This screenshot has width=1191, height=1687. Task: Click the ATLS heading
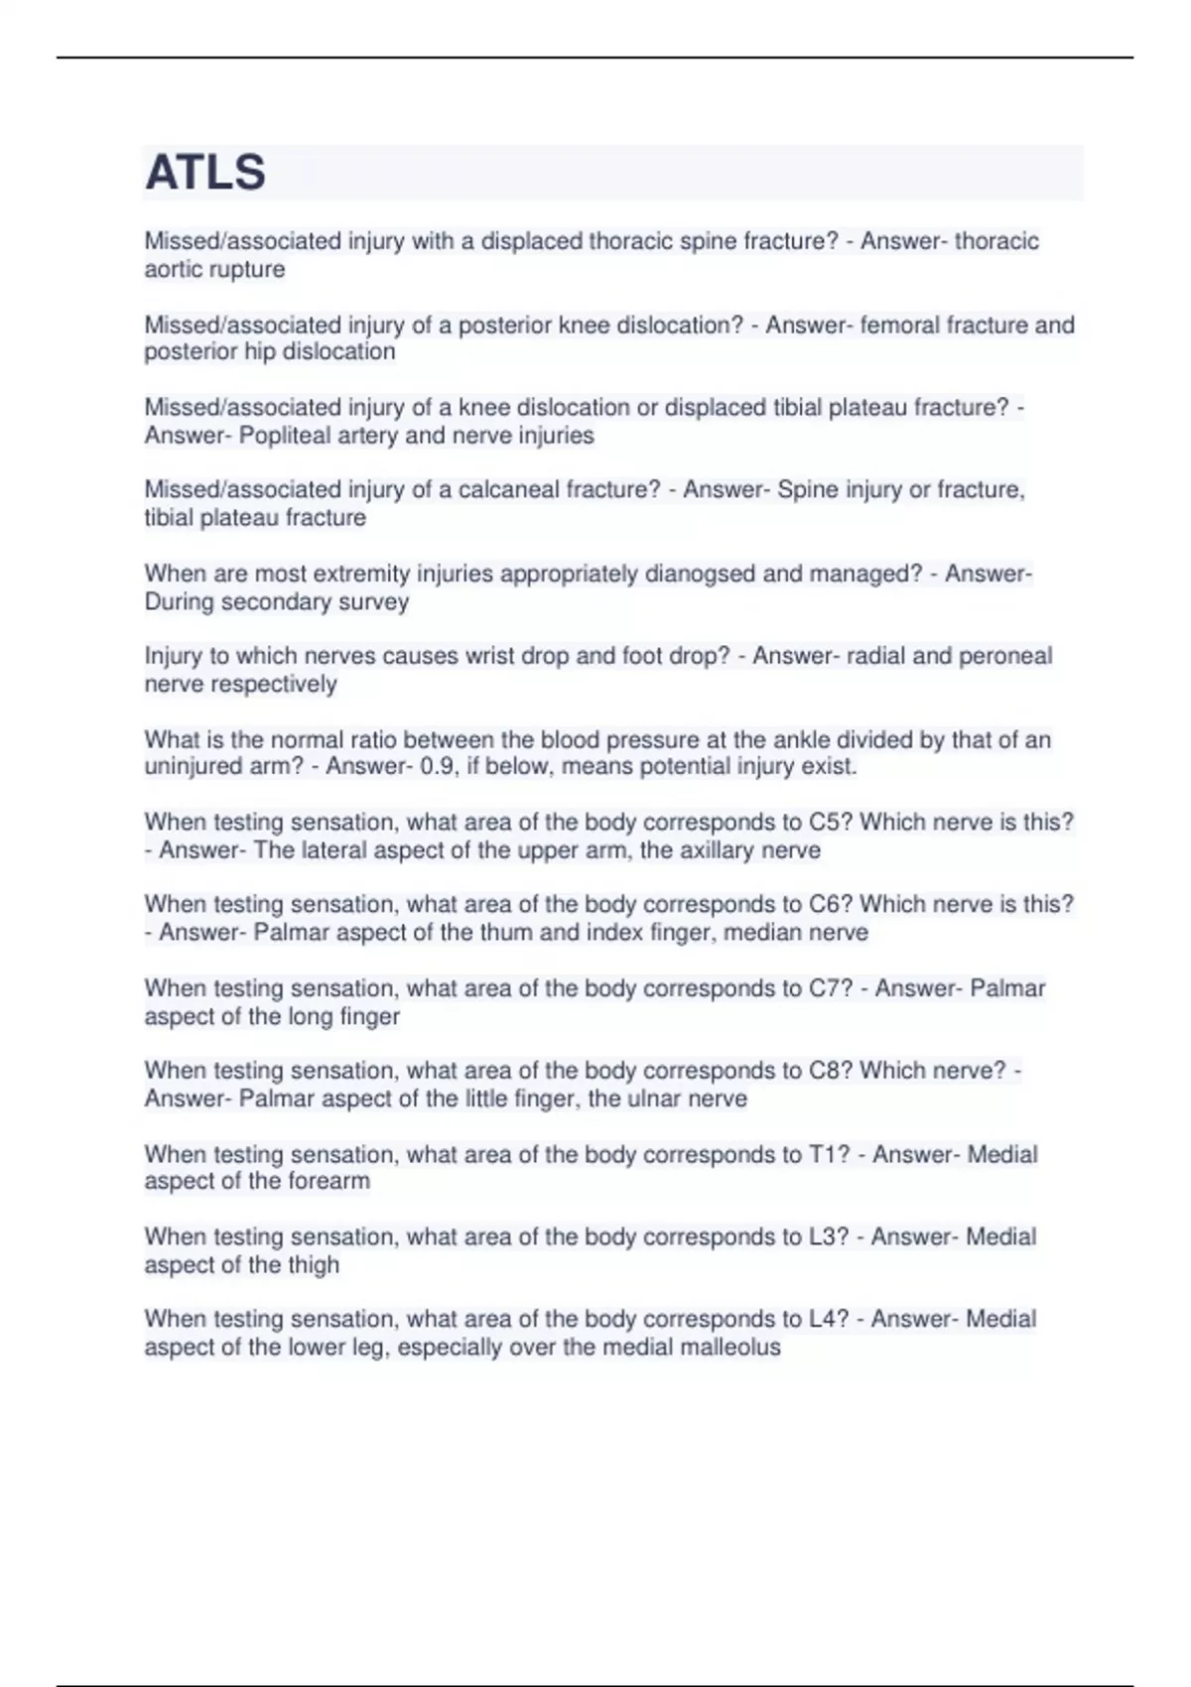[205, 173]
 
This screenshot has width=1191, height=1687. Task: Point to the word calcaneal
[508, 489]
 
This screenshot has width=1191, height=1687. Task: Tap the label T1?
[830, 1154]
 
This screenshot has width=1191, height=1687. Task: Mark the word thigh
[314, 1265]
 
